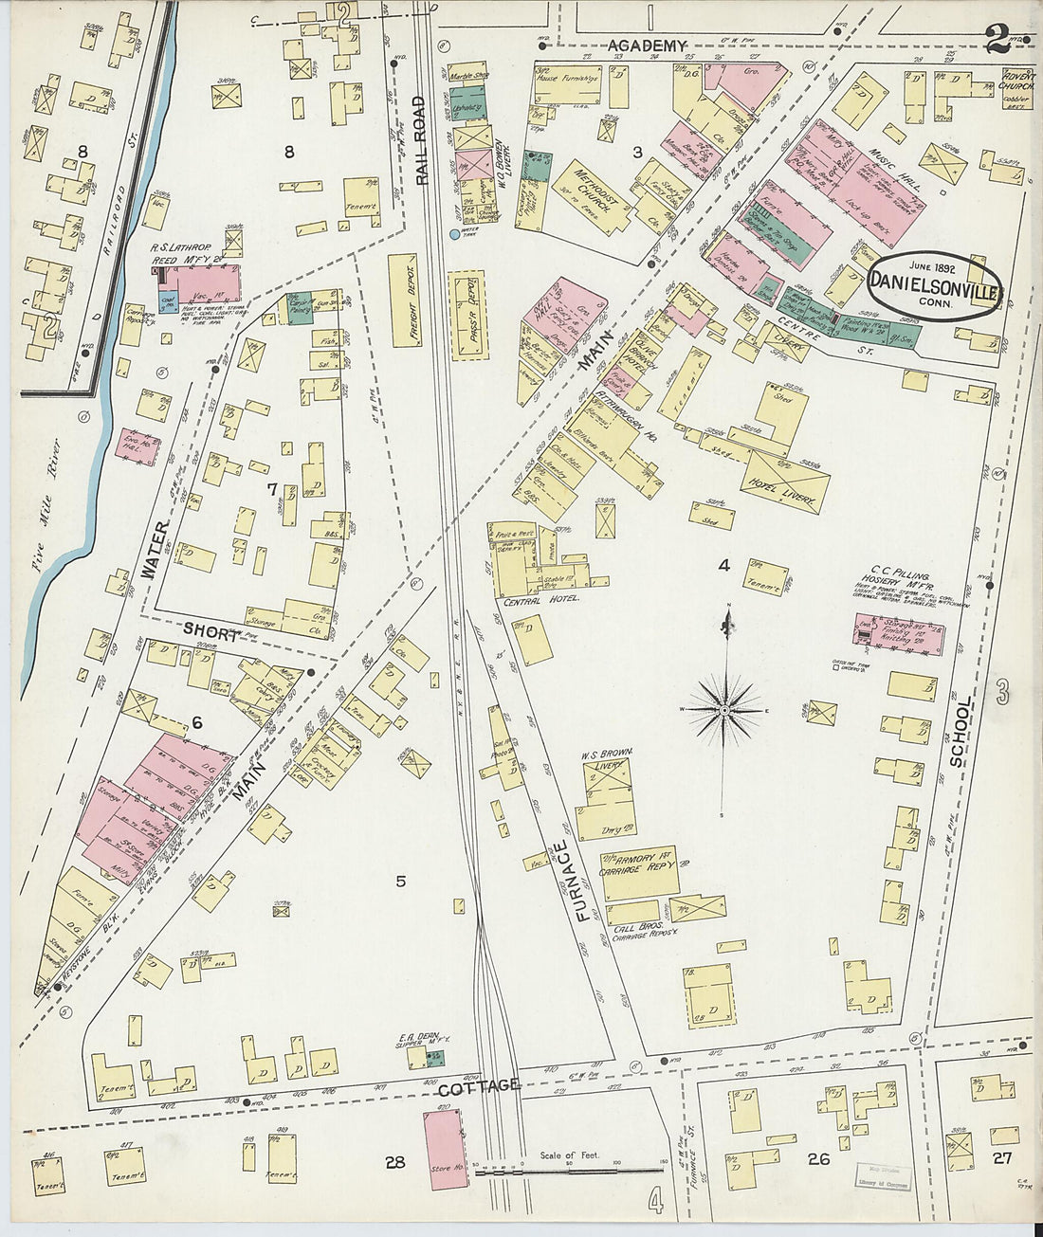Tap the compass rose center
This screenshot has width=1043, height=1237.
click(724, 709)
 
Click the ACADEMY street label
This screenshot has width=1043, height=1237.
click(646, 45)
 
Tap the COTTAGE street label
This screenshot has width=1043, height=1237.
click(479, 1085)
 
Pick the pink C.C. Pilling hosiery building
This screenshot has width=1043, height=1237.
click(898, 633)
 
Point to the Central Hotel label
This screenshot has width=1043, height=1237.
click(537, 600)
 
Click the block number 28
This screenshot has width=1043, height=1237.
click(394, 1161)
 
